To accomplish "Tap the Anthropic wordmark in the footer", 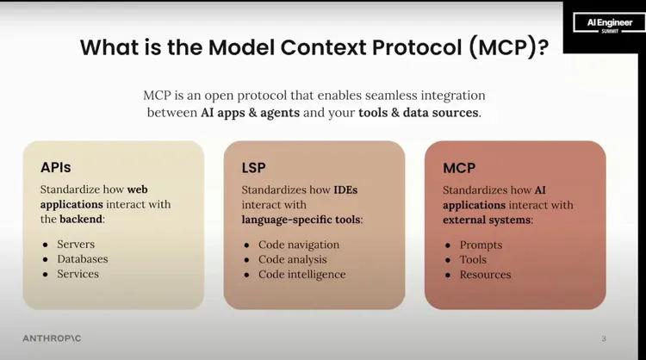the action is click(x=52, y=338).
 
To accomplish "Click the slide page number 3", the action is click(x=604, y=339).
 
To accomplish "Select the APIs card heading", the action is click(x=56, y=167).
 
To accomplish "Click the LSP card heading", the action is click(x=253, y=168).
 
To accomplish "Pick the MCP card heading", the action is click(x=459, y=168).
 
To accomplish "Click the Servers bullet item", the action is click(x=76, y=245).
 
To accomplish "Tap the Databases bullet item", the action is click(x=83, y=259).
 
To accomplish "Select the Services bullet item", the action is click(x=78, y=274).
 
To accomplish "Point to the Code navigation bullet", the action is click(x=299, y=245).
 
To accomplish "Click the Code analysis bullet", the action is click(x=293, y=259).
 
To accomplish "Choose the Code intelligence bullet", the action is click(x=302, y=275).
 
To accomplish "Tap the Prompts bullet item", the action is click(x=481, y=245).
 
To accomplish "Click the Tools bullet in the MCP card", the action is click(x=473, y=260).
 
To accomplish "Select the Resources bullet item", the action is click(x=485, y=275).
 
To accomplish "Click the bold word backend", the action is click(x=81, y=219).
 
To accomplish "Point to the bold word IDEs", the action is click(x=345, y=189).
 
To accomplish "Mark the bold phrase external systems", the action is click(x=487, y=220).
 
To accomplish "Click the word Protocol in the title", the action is click(x=417, y=47).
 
